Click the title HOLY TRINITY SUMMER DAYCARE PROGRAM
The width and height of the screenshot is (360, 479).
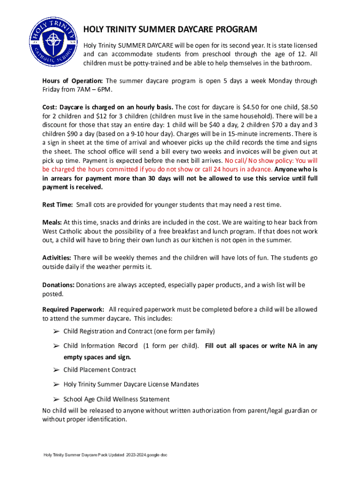pyautogui.click(x=170, y=30)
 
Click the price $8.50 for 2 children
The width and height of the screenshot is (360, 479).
pyautogui.click(x=308, y=107)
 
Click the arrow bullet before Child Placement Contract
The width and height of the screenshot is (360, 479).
pyautogui.click(x=55, y=370)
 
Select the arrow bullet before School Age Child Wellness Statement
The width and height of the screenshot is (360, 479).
pyautogui.click(x=55, y=399)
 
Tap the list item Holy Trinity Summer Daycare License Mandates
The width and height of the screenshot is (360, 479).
pyautogui.click(x=131, y=385)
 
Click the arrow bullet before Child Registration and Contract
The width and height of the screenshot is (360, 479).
pyautogui.click(x=55, y=332)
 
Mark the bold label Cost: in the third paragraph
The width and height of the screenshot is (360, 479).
pyautogui.click(x=50, y=107)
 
